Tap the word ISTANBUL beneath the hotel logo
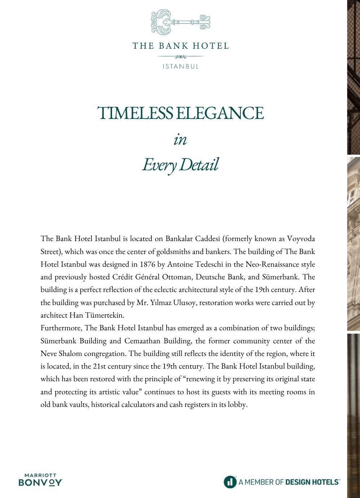[x=180, y=66]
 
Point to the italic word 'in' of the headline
[x=180, y=139]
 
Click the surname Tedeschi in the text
[x=208, y=264]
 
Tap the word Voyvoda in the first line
[x=301, y=239]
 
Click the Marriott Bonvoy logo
[x=40, y=480]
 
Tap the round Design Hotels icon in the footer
[x=230, y=482]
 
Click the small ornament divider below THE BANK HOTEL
[x=180, y=56]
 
